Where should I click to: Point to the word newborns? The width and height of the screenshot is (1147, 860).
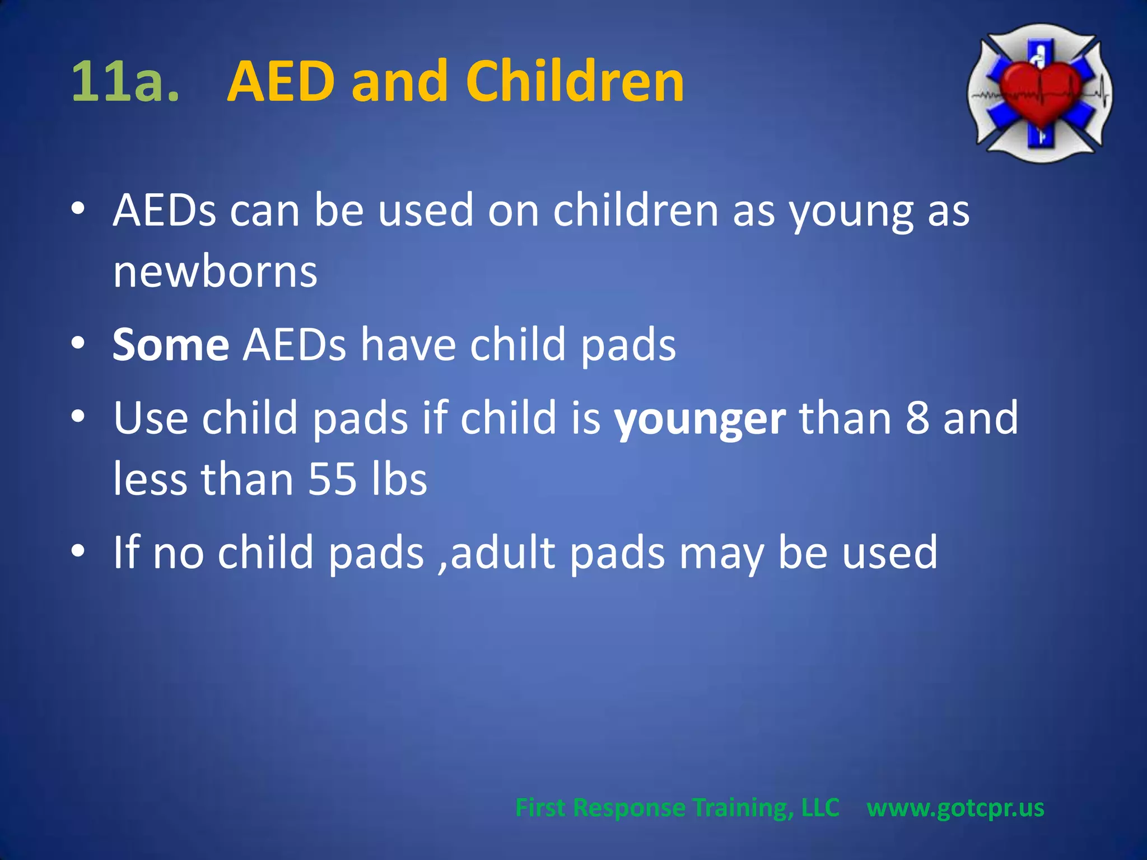tap(215, 272)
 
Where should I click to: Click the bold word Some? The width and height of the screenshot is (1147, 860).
tap(171, 345)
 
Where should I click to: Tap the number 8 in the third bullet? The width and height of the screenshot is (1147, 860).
tap(917, 418)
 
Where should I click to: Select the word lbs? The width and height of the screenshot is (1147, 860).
tap(399, 479)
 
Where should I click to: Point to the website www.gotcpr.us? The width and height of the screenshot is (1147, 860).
tap(955, 808)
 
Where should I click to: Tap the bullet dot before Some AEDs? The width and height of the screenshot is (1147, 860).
tap(78, 343)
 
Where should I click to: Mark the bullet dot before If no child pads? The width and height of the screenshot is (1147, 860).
tap(78, 550)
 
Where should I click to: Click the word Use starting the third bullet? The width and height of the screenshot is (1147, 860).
tap(151, 418)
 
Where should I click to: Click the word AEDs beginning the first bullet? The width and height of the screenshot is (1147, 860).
tap(164, 211)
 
